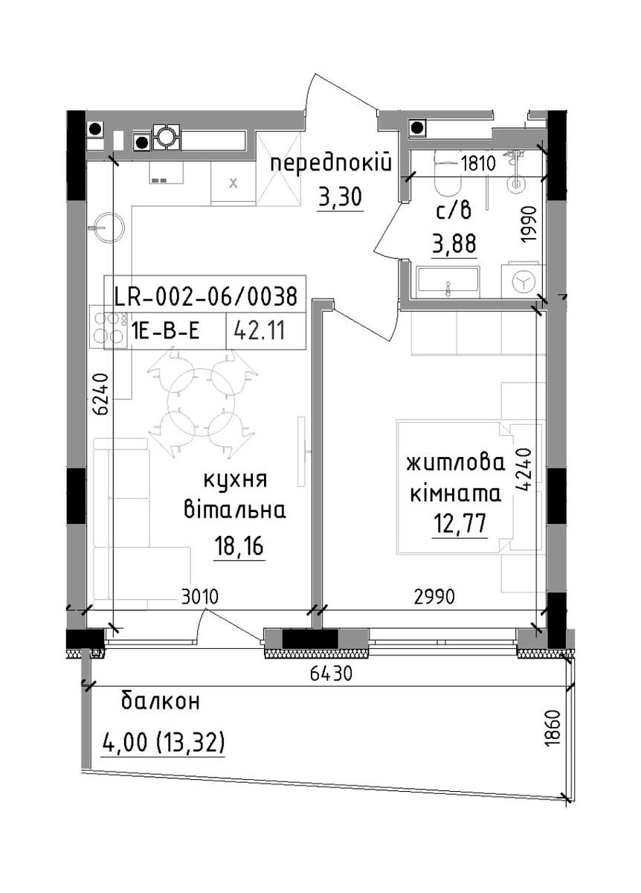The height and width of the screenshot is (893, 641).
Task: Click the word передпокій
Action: coord(331,164)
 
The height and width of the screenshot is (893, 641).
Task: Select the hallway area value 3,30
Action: coord(340,196)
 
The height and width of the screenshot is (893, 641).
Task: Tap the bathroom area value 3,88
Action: coord(454,243)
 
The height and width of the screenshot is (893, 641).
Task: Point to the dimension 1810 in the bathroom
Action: coord(477,164)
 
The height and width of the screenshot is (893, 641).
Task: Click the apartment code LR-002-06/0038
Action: coord(205,297)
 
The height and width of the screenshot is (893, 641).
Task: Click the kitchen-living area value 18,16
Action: coord(239,545)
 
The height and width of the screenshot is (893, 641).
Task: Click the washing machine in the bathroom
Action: coord(522,281)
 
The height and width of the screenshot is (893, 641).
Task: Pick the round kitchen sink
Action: coord(106,228)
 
